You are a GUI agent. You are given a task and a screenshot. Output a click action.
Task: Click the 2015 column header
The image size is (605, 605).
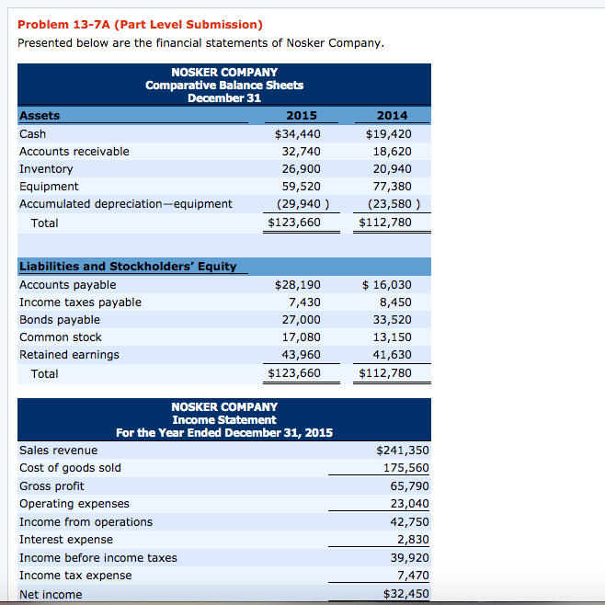click(x=302, y=116)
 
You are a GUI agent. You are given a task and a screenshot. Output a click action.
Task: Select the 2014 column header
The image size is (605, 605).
click(x=393, y=116)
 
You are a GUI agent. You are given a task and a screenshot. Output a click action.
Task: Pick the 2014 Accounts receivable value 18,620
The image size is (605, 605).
click(x=393, y=152)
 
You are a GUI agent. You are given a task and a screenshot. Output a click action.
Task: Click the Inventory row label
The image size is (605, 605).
click(x=46, y=169)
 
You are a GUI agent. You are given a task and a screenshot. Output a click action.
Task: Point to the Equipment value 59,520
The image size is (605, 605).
click(x=301, y=187)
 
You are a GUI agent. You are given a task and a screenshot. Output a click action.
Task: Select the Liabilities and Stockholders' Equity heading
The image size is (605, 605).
click(x=128, y=267)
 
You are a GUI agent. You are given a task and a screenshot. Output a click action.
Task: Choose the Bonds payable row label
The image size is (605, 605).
click(x=60, y=320)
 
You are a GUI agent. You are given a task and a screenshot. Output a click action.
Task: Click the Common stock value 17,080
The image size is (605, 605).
click(x=301, y=337)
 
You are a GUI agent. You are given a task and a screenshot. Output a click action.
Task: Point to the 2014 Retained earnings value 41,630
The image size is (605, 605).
click(x=393, y=355)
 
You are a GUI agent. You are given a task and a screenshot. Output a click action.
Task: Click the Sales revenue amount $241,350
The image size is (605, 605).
click(x=403, y=451)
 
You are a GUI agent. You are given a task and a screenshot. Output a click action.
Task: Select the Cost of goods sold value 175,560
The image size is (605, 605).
click(x=405, y=468)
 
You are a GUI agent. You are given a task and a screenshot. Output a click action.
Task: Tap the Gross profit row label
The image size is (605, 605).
click(x=51, y=485)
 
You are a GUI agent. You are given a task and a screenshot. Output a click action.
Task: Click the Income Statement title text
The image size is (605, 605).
click(x=224, y=419)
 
